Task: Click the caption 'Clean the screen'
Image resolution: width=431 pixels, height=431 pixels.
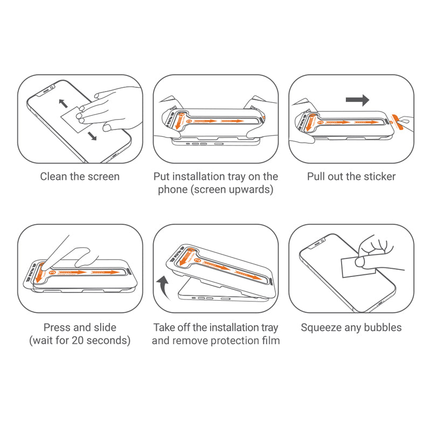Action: pos(80,177)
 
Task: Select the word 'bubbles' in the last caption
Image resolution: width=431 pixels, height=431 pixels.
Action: pos(383,328)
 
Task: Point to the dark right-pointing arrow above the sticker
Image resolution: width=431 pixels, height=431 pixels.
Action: pos(357,100)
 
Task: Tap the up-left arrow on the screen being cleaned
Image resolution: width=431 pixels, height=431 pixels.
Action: pos(63,102)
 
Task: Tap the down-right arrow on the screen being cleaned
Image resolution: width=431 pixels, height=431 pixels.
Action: pos(92,136)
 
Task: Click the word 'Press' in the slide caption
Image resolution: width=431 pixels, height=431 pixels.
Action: pos(58,328)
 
